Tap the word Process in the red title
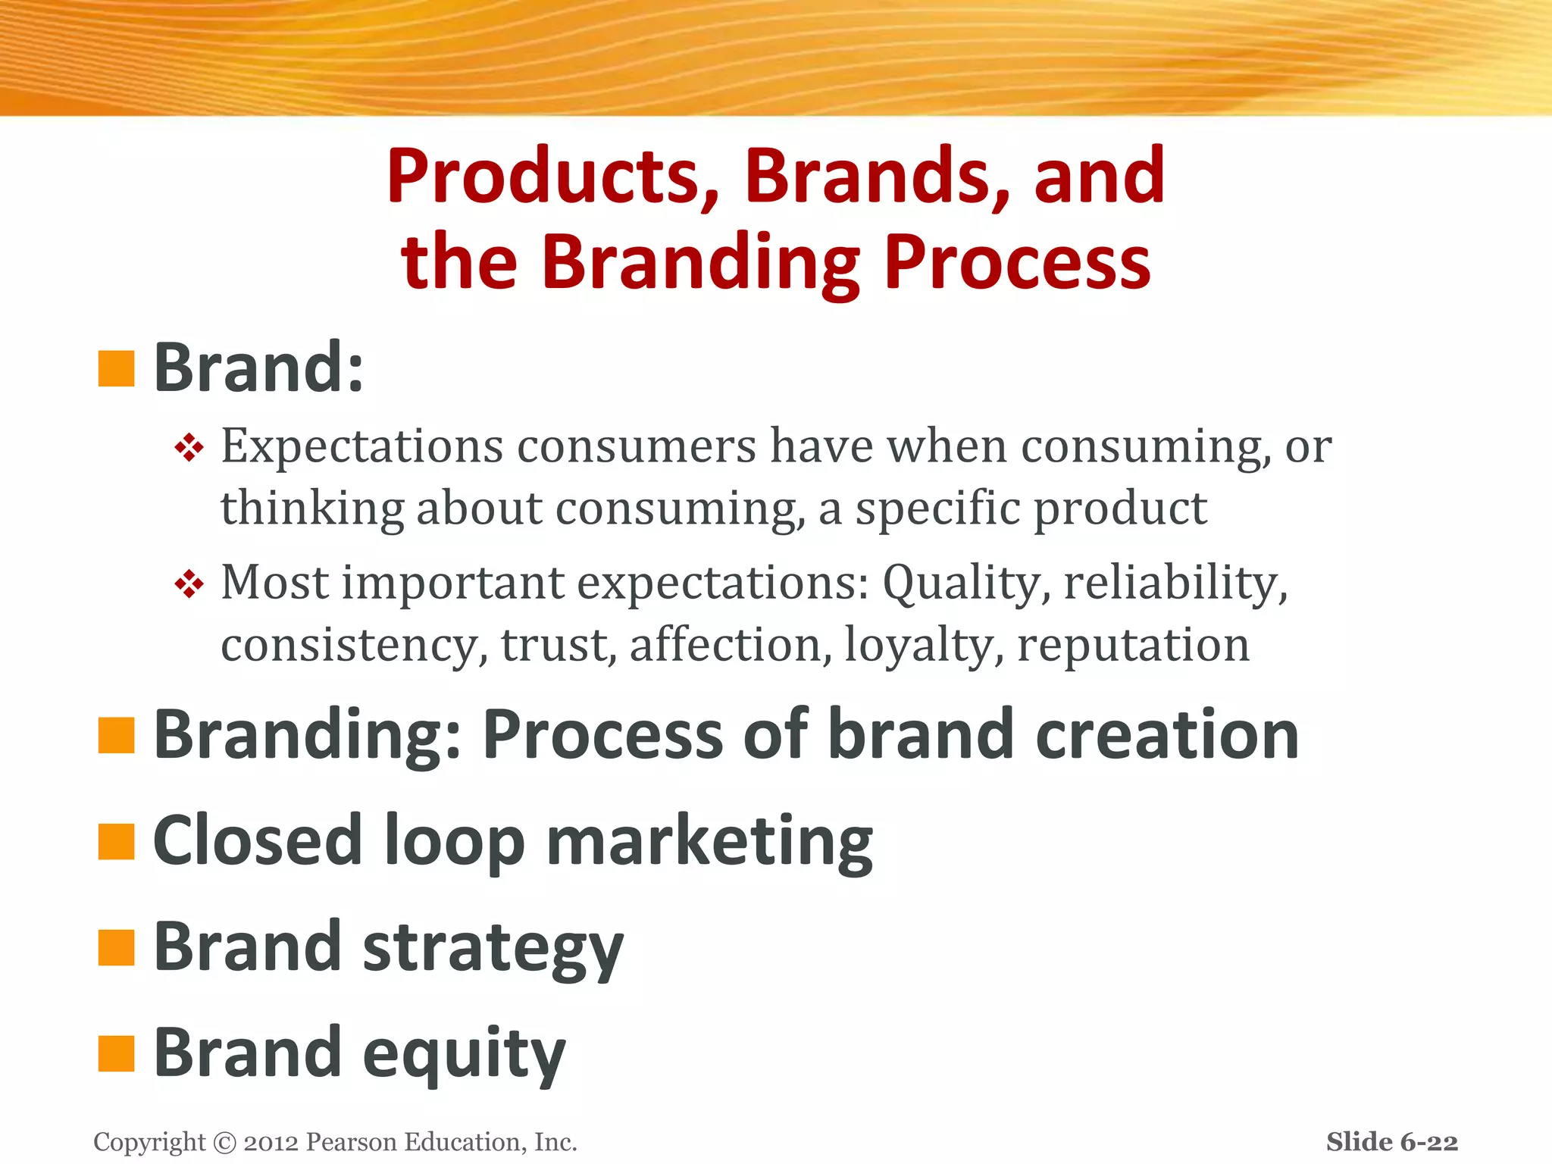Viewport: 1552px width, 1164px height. point(1017,262)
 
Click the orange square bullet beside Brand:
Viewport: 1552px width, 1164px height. point(116,368)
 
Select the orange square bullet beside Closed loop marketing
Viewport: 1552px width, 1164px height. point(116,842)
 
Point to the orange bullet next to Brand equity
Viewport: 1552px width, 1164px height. point(116,1053)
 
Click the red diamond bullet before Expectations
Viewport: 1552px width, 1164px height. point(189,448)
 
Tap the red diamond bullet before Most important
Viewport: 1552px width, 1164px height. point(189,584)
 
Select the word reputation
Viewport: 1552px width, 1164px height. point(1133,645)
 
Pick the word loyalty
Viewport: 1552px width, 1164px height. point(924,645)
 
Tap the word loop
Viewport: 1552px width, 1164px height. point(455,842)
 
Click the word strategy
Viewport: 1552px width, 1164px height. point(493,949)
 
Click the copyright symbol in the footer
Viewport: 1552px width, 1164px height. point(225,1142)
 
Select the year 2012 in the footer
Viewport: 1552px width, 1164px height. point(271,1142)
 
